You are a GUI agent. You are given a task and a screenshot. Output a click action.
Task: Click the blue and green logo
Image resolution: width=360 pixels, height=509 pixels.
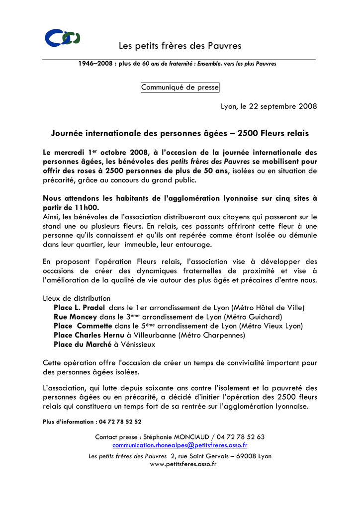[62, 38]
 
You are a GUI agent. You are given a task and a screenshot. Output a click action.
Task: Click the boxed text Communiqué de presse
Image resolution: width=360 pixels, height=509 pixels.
[180, 87]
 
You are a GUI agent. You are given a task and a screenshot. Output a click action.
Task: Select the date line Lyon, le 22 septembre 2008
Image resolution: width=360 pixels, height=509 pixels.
[269, 106]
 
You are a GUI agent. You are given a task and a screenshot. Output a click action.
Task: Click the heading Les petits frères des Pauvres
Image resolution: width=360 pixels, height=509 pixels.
[180, 46]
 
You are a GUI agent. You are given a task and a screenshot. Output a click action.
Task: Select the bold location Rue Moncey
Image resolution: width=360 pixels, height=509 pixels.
[76, 317]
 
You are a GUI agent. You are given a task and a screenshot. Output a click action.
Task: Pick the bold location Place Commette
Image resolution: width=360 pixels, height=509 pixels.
[83, 326]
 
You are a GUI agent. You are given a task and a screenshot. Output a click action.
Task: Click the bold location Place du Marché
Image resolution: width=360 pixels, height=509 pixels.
[83, 344]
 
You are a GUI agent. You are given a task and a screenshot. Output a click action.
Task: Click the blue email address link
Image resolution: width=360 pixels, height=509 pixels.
[180, 445]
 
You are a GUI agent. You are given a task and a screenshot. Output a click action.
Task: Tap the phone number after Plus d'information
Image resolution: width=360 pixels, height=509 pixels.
[120, 422]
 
